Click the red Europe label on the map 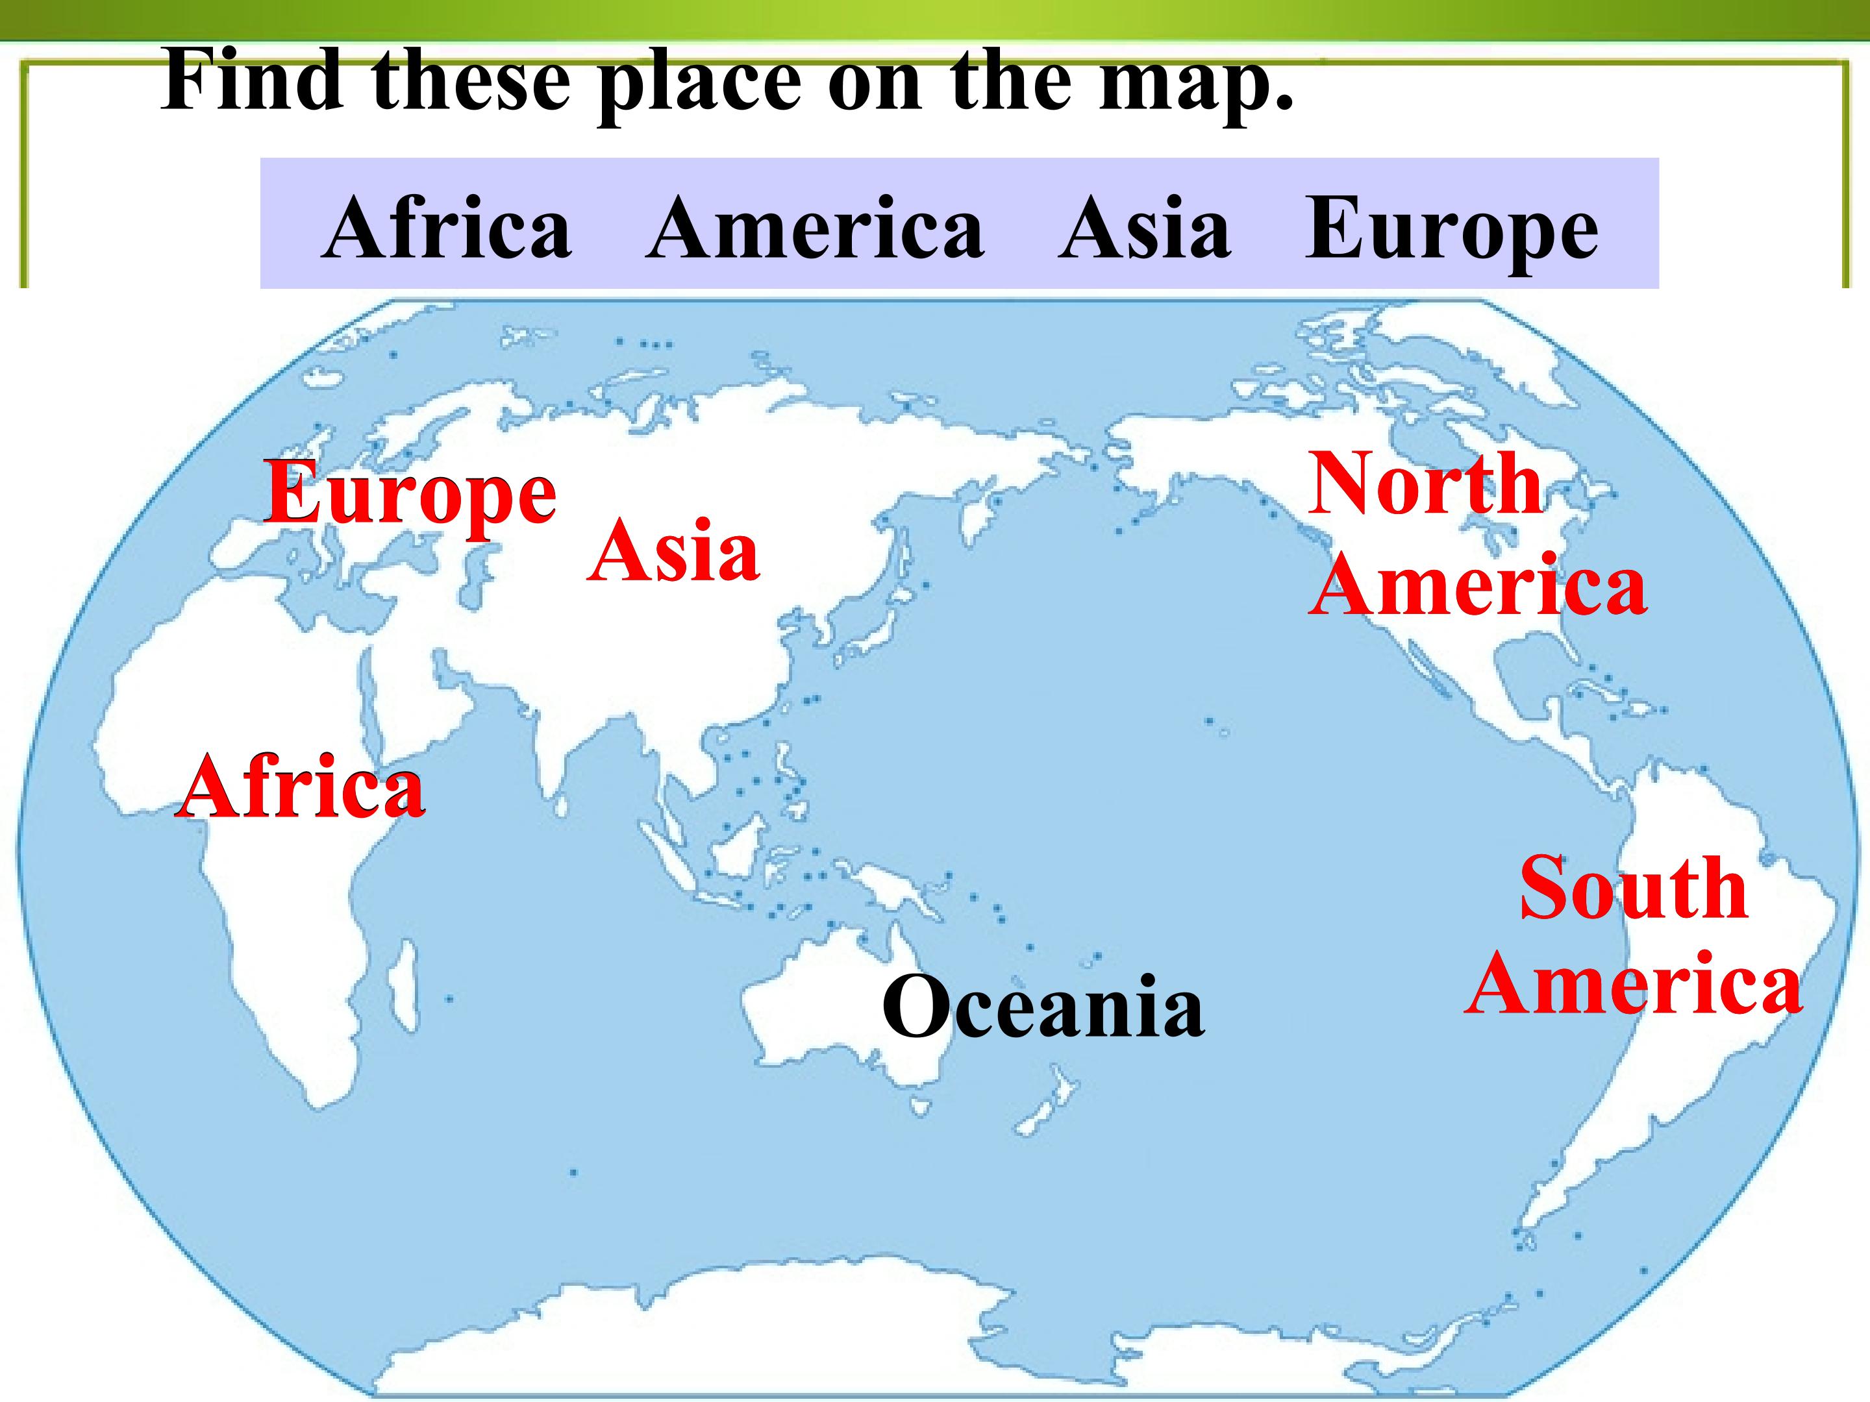tap(410, 493)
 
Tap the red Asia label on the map tap(674, 552)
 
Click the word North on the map tap(1425, 484)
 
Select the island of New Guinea tap(888, 887)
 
